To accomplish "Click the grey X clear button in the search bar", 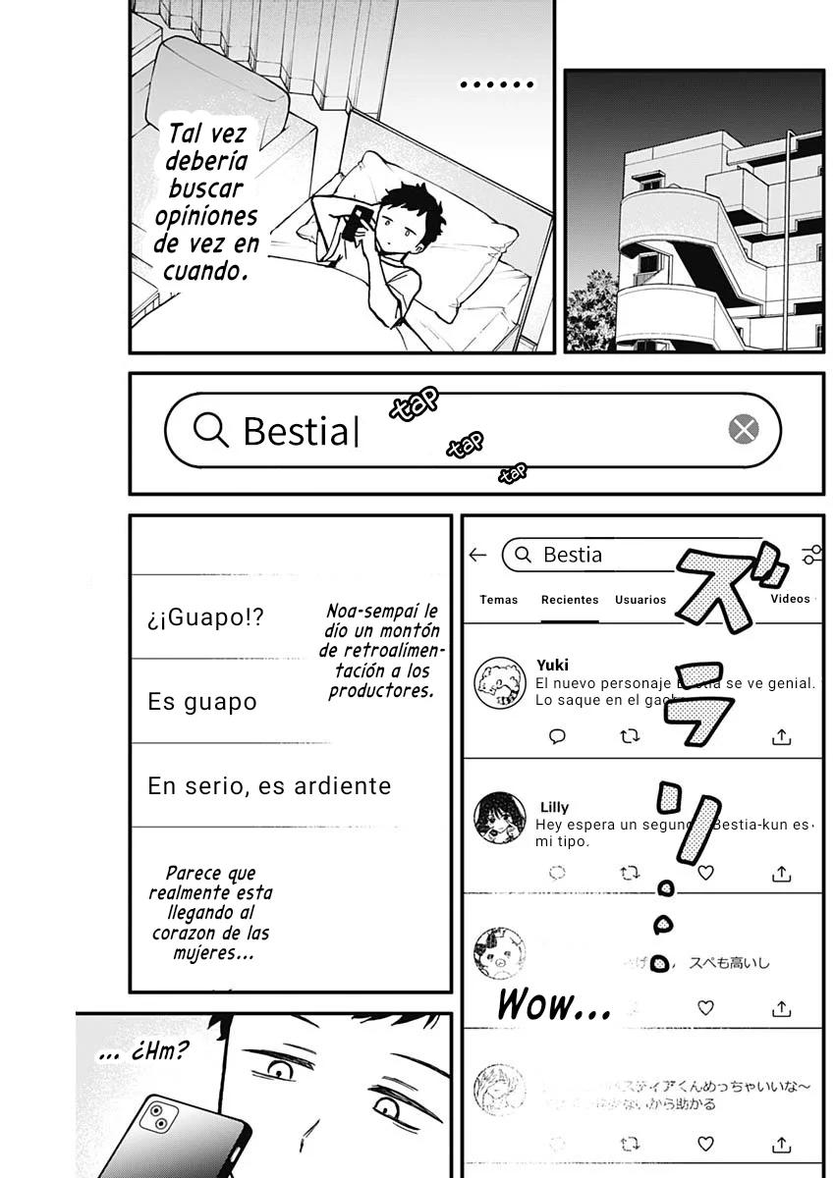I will coord(744,429).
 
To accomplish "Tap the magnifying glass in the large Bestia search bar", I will coord(210,429).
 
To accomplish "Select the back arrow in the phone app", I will coord(478,555).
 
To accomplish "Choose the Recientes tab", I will coord(570,599).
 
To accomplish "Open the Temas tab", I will coord(499,599).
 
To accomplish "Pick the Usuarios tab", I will coord(640,599).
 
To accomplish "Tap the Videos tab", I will coord(790,598).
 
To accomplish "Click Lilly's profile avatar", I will coord(499,817).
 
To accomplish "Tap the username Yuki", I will coord(553,665).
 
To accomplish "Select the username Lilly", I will coord(554,807).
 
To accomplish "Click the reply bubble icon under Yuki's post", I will coord(557,736).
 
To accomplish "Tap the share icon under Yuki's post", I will coord(782,736).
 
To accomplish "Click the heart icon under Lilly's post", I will coord(705,872).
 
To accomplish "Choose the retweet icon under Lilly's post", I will coord(630,872).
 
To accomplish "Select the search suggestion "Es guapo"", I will coord(202,702).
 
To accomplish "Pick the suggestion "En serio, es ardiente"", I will coord(269,786).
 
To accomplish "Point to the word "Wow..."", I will coord(553,1004).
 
